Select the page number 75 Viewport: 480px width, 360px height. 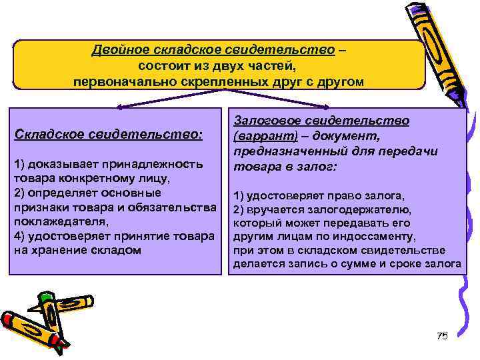(442, 335)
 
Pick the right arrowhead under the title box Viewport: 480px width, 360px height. (329, 105)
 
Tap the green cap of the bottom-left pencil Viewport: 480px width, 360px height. (45, 297)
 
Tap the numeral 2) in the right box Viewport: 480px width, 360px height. (240, 209)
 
